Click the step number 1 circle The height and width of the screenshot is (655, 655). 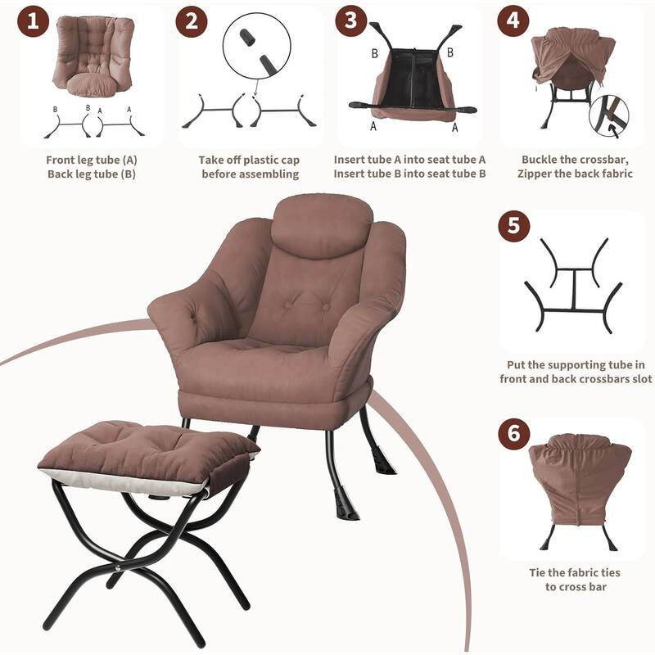[x=34, y=21]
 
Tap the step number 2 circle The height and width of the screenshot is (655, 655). [x=192, y=21]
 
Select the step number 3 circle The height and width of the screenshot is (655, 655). [x=351, y=21]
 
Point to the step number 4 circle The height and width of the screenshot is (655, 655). [x=513, y=21]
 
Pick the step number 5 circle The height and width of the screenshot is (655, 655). [x=514, y=226]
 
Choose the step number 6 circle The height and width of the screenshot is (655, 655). [x=514, y=434]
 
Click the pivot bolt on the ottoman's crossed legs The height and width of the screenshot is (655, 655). [x=118, y=567]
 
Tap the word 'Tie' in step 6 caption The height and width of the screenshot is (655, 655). [x=538, y=572]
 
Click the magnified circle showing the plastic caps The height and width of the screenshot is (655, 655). [x=256, y=46]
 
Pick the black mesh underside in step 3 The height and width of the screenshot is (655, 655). [x=413, y=77]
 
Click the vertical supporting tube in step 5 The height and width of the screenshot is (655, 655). [x=574, y=290]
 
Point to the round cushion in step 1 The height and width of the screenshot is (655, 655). [x=92, y=85]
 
